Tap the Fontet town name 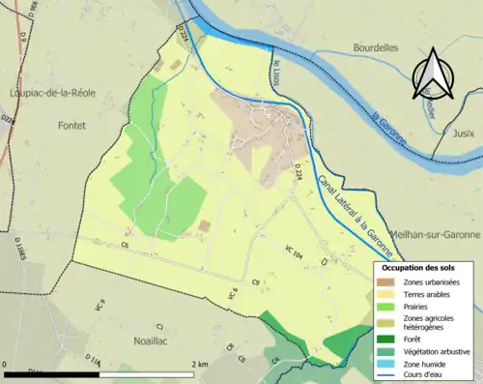coord(71,126)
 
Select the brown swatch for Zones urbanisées coord(387,281)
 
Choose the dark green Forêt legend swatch coord(387,339)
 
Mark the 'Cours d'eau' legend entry coord(430,376)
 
